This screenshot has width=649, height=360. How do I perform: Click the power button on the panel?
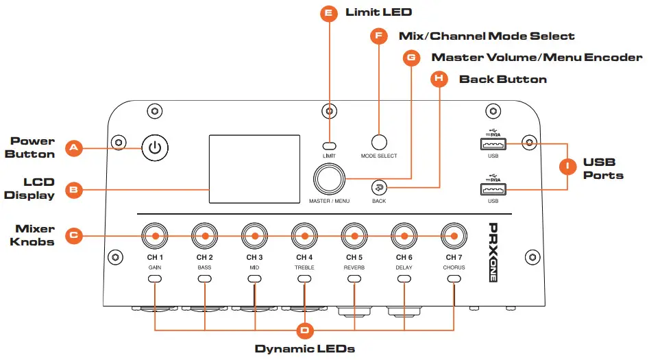156,147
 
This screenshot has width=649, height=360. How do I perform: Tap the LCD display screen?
254,169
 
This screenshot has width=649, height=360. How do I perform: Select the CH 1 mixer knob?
156,236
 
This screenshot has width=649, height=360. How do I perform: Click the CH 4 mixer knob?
304,236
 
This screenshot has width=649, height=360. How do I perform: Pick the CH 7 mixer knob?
453,236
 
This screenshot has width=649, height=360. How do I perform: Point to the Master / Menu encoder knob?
330,180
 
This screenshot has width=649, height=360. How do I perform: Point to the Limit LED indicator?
330,145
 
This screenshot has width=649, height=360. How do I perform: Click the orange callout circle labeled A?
73,147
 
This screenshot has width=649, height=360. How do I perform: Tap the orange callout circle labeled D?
305,331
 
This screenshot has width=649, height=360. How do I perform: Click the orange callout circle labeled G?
411,58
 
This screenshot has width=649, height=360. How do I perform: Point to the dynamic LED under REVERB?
354,279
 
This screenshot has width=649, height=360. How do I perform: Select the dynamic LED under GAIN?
156,279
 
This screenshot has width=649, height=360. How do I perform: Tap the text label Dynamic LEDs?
305,349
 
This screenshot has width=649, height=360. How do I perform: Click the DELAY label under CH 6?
404,267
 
